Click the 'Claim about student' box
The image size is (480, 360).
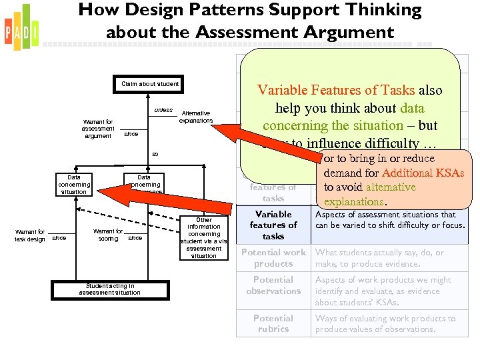150,84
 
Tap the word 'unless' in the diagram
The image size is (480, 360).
163,110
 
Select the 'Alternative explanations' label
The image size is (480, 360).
196,117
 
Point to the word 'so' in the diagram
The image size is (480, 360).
155,154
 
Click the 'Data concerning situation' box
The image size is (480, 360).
74,185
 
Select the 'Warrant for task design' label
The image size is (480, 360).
31,235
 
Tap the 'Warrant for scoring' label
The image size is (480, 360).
108,235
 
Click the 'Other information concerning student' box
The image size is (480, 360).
204,237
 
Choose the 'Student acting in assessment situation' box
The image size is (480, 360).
109,289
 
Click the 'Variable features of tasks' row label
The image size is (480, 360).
273,225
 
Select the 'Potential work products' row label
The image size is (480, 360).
273,258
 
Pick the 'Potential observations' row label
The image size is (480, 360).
273,285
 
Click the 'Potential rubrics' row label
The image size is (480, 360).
273,323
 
